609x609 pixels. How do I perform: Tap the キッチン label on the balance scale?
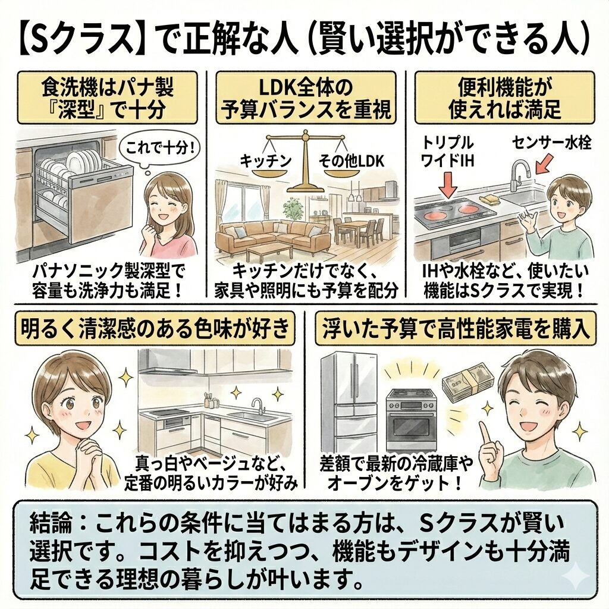258,160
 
